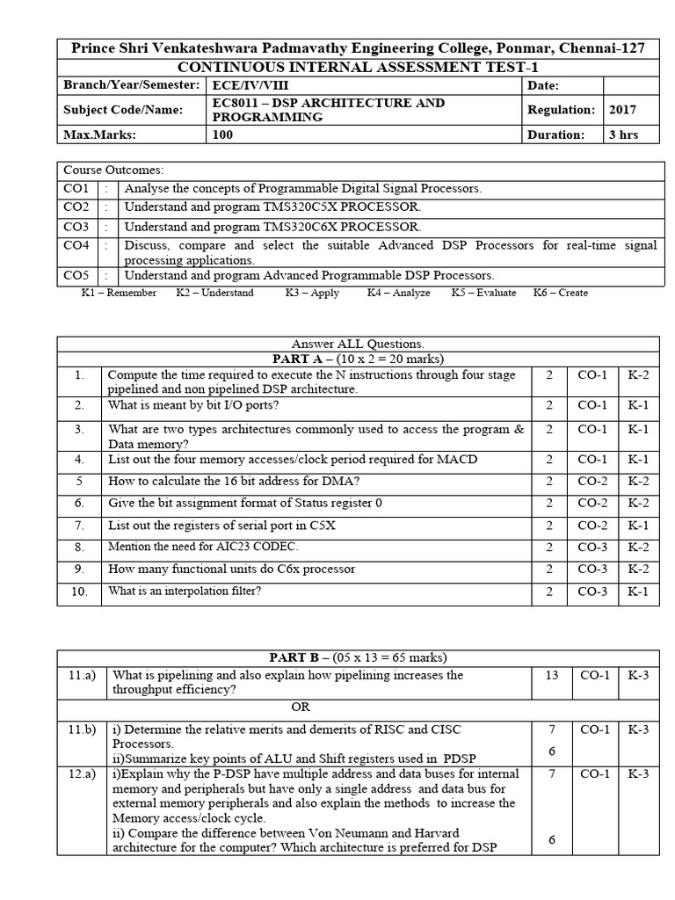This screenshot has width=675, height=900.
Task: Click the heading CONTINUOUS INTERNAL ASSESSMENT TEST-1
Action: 351,68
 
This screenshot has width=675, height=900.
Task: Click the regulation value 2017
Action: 622,110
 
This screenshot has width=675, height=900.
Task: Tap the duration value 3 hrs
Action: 623,134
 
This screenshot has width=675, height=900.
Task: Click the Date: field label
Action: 543,85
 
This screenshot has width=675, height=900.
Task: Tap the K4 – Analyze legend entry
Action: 398,293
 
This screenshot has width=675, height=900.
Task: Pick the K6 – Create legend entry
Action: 561,293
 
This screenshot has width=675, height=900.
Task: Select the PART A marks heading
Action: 358,359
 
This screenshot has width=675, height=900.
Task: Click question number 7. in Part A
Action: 79,525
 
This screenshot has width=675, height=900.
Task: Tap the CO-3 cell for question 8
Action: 592,547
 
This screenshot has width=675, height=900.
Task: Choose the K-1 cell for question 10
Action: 637,592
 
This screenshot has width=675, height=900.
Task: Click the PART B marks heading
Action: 358,657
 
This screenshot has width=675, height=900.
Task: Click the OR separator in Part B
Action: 301,707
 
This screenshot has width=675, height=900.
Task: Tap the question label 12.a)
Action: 82,773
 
